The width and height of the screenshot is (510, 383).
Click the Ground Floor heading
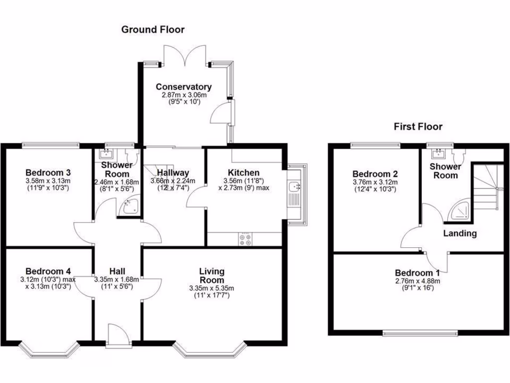(x=153, y=30)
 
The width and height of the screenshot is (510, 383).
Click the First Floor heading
(x=418, y=127)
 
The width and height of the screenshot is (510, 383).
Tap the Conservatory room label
(x=183, y=87)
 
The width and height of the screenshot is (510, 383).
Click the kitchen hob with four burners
(x=245, y=239)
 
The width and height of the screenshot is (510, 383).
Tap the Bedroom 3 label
(x=47, y=173)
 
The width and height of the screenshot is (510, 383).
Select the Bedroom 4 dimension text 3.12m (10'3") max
(x=48, y=279)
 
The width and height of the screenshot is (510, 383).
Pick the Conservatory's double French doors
(x=185, y=55)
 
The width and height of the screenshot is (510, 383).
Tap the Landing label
(x=460, y=233)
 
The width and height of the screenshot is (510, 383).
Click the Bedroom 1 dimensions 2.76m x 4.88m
(x=417, y=281)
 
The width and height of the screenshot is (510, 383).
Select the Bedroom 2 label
(x=375, y=174)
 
